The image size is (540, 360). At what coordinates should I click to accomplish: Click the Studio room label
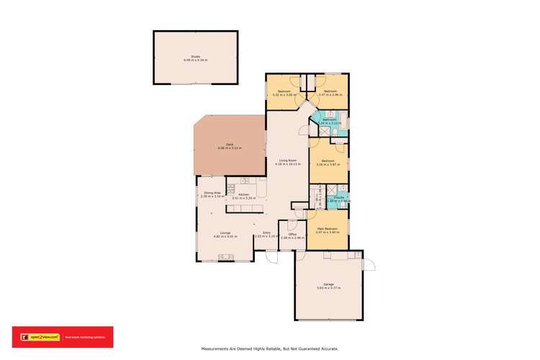pos(195,58)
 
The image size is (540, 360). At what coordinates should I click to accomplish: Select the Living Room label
pos(287,162)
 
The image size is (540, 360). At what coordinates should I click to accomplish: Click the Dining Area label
pos(212,194)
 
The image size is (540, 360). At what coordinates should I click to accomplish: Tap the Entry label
pos(266,233)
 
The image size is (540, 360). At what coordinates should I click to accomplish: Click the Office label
pos(292,235)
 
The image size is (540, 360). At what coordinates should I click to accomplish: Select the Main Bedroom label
pos(328,230)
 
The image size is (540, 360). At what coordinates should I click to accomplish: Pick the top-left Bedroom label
pos(284,92)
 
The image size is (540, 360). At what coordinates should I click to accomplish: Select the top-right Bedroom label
pos(330,92)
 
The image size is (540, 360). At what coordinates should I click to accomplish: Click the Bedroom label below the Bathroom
pos(328,162)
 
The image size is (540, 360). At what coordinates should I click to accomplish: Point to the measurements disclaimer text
pos(269,348)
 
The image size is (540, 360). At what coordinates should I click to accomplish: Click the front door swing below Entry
pos(271,256)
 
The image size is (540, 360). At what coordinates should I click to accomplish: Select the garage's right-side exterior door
pos(369,265)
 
